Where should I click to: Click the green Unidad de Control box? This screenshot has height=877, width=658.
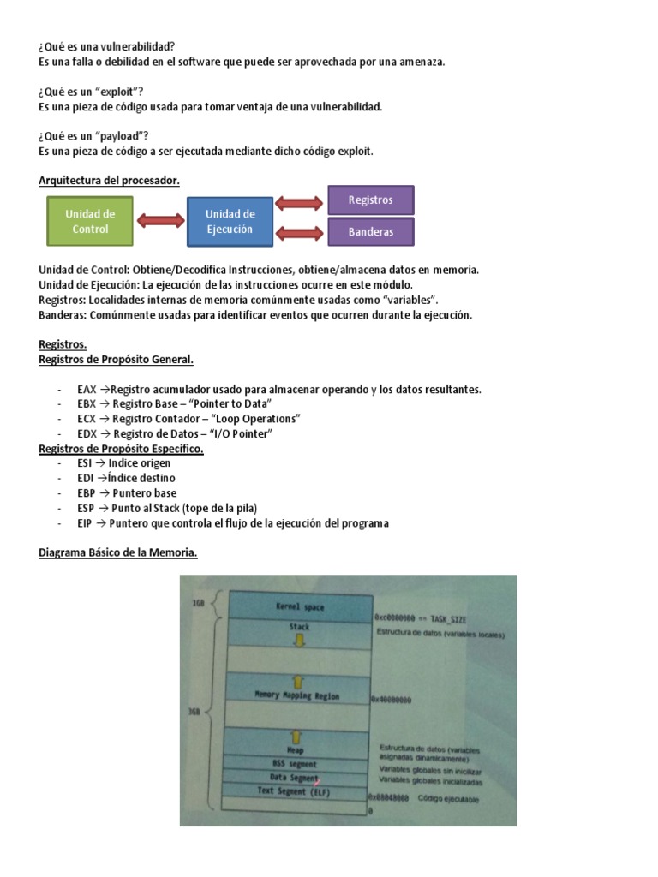point(90,221)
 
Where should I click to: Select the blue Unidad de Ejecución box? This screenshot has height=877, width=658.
point(230,221)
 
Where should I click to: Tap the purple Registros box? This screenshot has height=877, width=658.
point(371,200)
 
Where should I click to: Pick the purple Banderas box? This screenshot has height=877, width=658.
point(371,231)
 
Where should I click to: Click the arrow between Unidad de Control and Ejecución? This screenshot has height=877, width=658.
point(160,222)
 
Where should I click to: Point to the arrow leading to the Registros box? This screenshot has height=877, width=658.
point(301,204)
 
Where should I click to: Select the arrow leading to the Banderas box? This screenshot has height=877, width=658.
point(301,232)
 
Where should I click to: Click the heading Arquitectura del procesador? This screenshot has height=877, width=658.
point(109,180)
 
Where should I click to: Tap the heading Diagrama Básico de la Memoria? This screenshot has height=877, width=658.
point(118,553)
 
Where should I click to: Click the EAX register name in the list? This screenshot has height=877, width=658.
point(87,389)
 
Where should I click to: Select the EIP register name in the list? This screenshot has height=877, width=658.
point(84,523)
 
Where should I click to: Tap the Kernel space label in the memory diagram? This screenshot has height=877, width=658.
point(300,607)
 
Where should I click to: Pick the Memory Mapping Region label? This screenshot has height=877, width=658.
point(298,695)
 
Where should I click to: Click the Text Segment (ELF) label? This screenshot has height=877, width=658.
point(294,792)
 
